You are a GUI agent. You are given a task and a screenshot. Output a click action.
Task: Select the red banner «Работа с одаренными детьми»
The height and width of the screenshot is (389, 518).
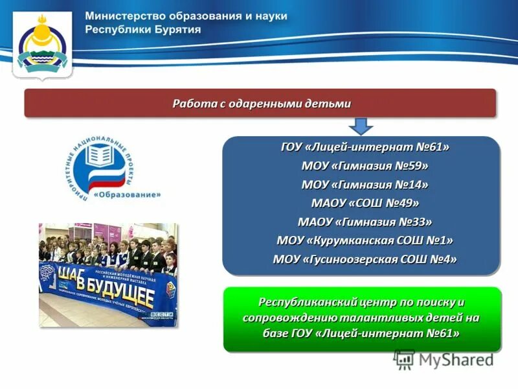tap(260, 103)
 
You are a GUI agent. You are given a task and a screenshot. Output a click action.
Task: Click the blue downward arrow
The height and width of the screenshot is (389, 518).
tap(362, 124)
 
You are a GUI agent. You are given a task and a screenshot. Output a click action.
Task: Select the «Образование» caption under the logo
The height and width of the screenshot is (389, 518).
tap(128, 193)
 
